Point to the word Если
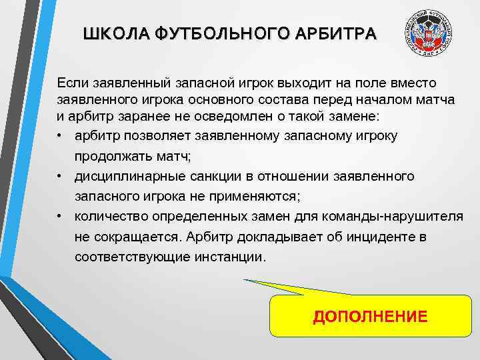[71, 83]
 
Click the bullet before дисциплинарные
[61, 176]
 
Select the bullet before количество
[61, 216]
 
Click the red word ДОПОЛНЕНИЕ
[370, 316]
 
